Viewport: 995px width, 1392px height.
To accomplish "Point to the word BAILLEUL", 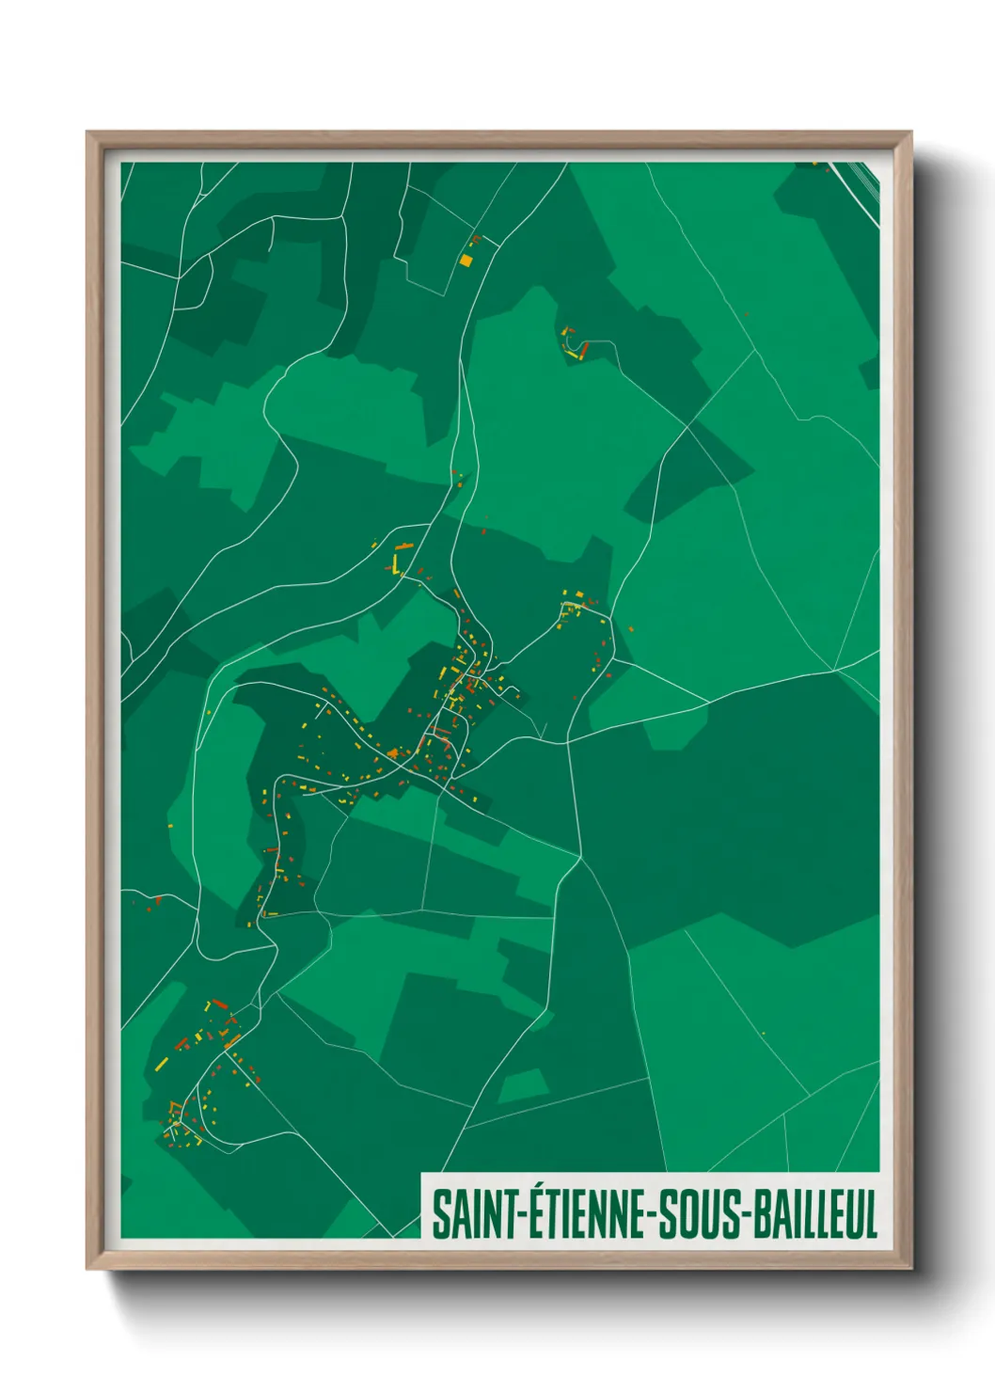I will click(x=810, y=1214).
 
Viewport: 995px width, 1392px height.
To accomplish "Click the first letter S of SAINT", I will click(x=439, y=1214).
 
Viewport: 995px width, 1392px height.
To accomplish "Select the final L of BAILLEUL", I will click(x=871, y=1214).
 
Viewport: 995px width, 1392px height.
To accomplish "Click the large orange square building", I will click(x=466, y=260).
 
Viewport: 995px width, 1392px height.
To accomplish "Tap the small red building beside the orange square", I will click(x=476, y=241).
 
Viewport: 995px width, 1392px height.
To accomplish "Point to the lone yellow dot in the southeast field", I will click(x=763, y=1034).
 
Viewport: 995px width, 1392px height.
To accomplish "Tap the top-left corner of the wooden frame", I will click(x=87, y=133).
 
